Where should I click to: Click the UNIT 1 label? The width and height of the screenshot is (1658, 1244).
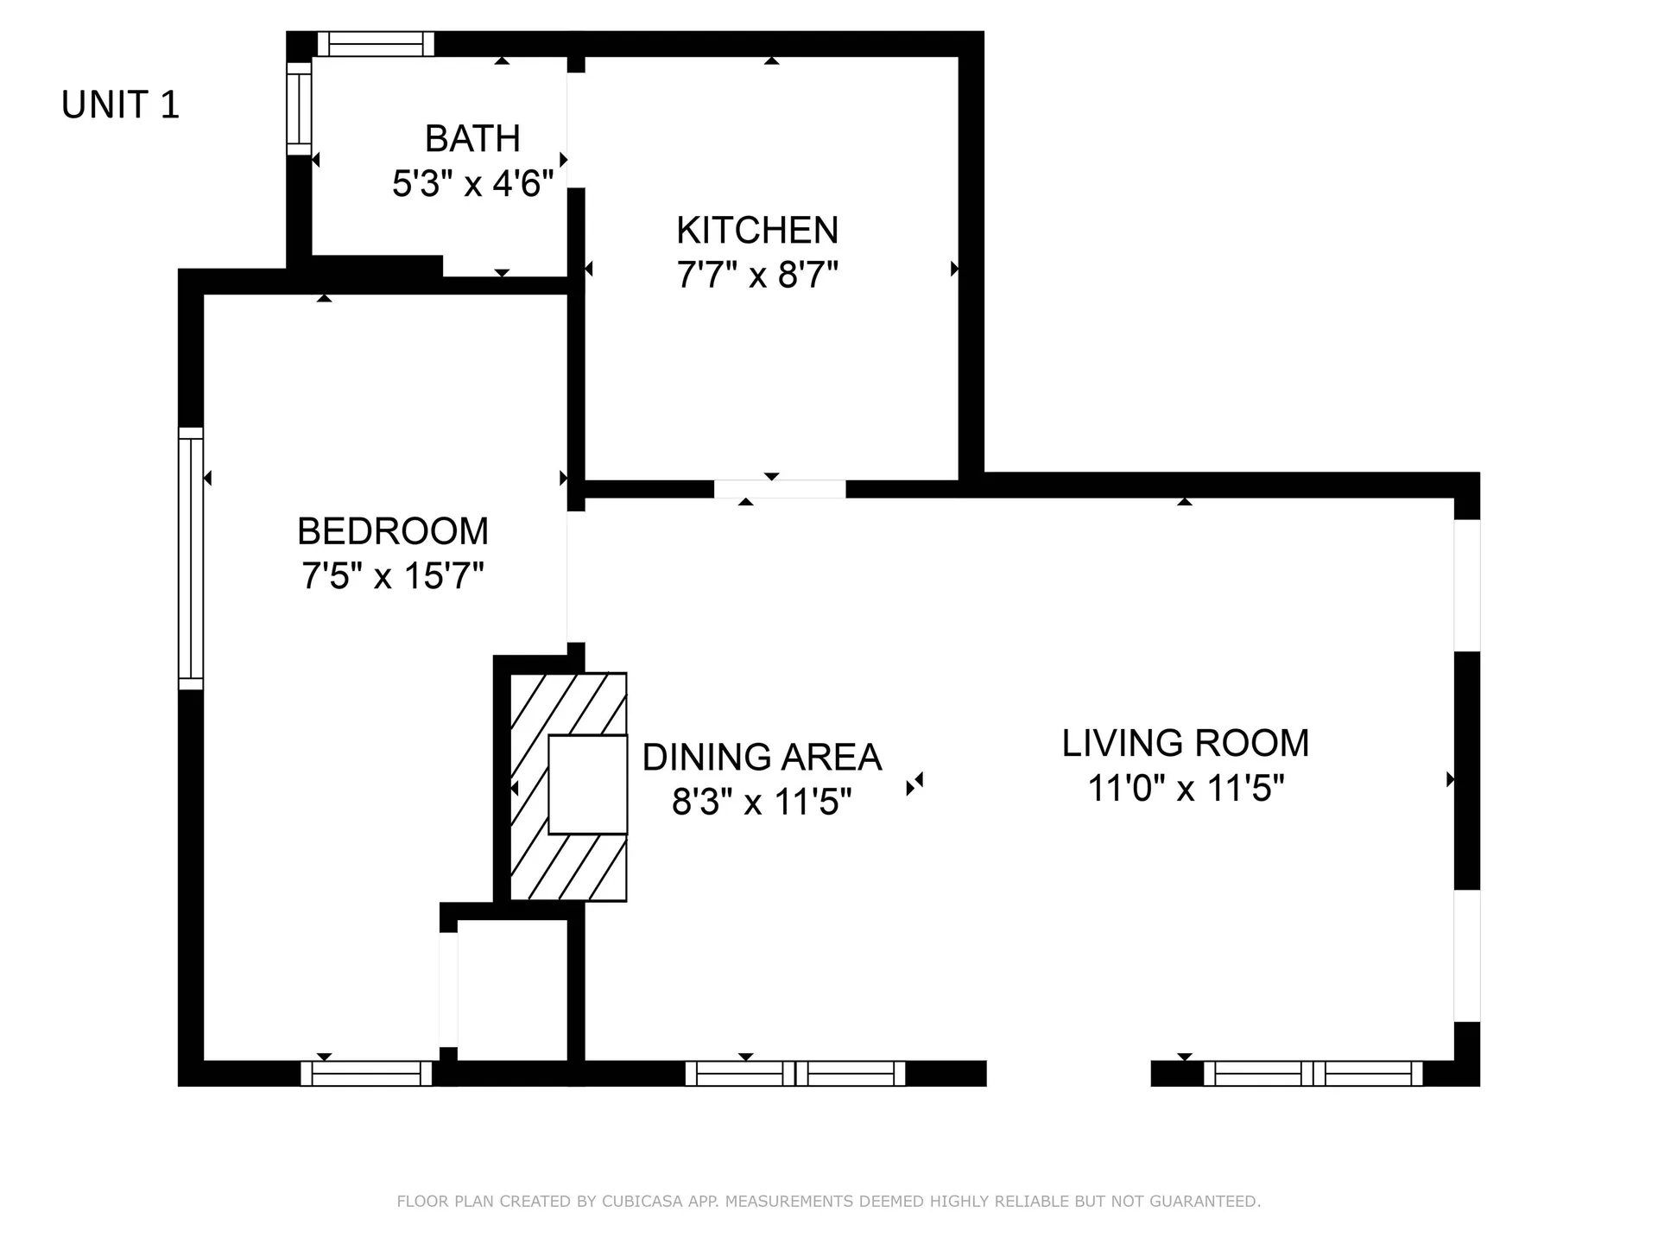coord(120,105)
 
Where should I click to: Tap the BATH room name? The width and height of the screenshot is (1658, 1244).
coord(472,138)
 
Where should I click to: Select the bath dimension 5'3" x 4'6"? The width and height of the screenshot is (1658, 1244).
coord(472,184)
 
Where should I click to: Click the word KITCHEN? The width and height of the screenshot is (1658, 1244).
coord(757,231)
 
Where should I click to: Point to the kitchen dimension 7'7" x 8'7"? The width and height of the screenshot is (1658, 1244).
coord(757,276)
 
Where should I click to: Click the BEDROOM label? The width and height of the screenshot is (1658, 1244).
coord(393,531)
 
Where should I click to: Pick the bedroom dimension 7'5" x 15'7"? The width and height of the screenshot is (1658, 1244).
coord(393,576)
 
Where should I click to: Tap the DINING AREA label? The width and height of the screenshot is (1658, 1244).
coord(762,758)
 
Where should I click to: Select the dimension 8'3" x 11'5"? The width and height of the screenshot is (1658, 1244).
coord(762,803)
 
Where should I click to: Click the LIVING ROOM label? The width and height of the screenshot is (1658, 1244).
coord(1185,744)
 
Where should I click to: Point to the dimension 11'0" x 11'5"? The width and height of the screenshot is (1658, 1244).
coord(1185,789)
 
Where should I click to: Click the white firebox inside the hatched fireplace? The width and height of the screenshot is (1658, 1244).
coord(587,784)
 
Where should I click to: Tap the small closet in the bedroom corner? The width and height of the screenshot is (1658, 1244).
coord(511,988)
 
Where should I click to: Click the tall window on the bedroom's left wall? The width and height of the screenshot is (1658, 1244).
coord(191,558)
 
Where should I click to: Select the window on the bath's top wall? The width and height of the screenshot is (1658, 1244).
coord(375,44)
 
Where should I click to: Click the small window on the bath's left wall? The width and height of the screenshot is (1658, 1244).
coord(299,108)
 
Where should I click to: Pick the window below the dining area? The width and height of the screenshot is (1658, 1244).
coord(794,1073)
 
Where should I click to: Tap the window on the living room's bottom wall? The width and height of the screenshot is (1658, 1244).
coord(1313,1073)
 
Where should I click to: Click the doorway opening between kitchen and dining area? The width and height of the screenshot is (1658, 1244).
coord(779,489)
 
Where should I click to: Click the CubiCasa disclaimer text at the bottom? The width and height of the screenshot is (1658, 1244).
coord(828,1201)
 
